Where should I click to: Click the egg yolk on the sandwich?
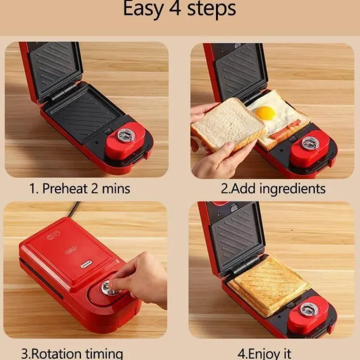pyautogui.click(x=265, y=113)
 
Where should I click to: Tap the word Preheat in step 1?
pyautogui.click(x=65, y=189)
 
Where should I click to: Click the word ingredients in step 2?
pyautogui.click(x=292, y=189)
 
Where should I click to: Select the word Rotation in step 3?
pyautogui.click(x=56, y=354)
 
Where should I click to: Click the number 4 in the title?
pyautogui.click(x=175, y=9)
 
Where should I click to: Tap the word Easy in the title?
pyautogui.click(x=143, y=9)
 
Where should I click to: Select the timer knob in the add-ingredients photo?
pyautogui.click(x=310, y=143)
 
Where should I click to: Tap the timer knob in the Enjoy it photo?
pyautogui.click(x=309, y=309)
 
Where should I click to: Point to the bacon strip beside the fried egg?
pyautogui.click(x=285, y=130)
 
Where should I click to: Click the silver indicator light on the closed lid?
pyautogui.click(x=86, y=264)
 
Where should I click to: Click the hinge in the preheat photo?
pyautogui.click(x=63, y=92)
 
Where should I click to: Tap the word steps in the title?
pyautogui.click(x=211, y=9)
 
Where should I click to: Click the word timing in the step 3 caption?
pyautogui.click(x=104, y=354)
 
